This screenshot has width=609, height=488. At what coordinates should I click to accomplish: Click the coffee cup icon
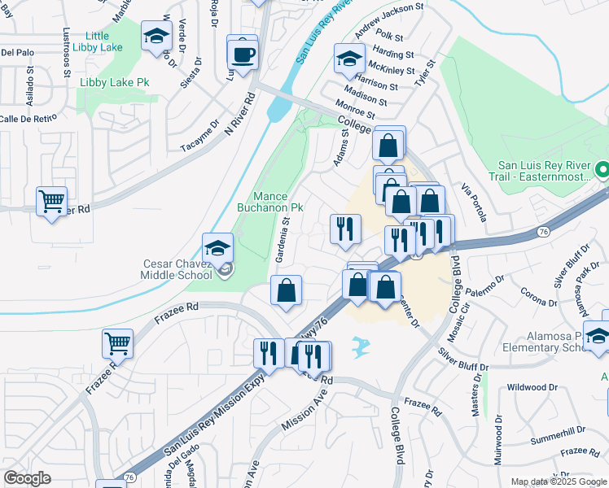coord(243,54)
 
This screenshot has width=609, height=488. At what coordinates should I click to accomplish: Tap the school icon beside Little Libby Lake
coord(156,37)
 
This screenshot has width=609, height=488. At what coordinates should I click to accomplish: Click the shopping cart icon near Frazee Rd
coord(117,343)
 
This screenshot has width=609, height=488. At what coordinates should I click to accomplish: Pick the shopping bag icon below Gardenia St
coord(286,292)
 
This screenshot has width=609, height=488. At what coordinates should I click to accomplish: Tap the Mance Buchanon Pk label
coord(278,202)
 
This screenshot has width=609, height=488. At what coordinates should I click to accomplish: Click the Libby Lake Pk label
coord(114,83)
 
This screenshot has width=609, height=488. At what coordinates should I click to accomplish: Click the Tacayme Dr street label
coord(200,137)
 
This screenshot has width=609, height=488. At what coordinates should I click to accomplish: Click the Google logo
coord(27,478)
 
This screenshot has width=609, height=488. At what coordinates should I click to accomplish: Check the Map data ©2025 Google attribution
coord(557,481)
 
